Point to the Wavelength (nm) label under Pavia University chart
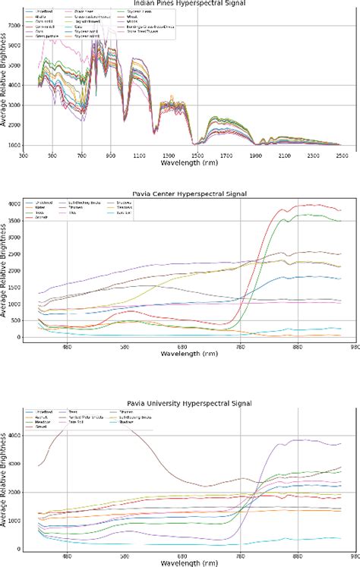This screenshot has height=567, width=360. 182,562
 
